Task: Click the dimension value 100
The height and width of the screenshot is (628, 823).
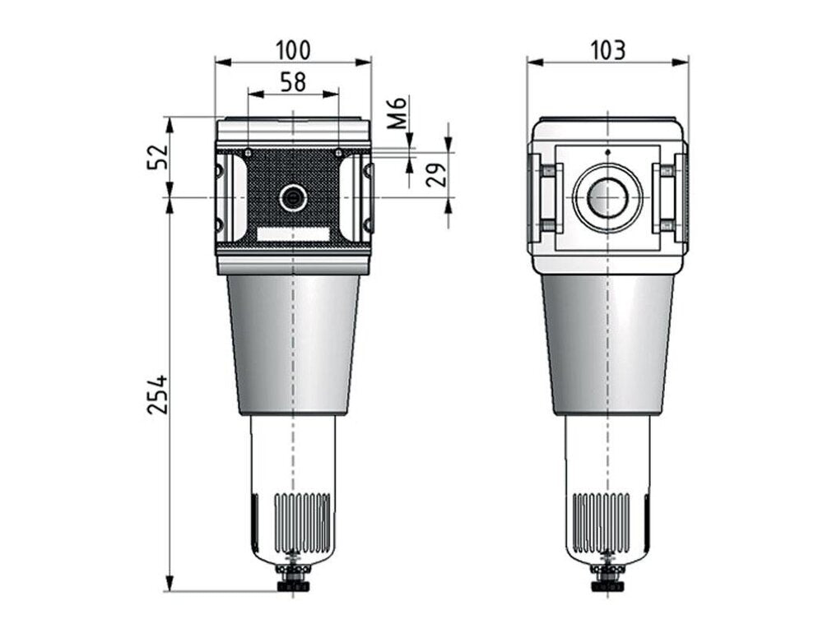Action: [293, 50]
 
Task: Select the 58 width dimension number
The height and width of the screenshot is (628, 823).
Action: [293, 81]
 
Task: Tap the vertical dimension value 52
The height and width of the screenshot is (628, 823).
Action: [157, 157]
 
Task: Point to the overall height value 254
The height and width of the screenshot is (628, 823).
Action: [157, 395]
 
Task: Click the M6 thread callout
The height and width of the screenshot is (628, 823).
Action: [397, 113]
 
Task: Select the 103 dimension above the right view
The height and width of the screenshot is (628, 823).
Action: [607, 50]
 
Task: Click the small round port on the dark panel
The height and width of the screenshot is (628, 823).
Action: [292, 197]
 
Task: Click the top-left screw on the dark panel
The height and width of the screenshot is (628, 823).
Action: [248, 152]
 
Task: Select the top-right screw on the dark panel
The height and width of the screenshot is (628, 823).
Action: [338, 152]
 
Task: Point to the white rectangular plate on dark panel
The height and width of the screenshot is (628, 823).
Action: [293, 234]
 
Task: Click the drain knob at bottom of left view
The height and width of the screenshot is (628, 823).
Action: [293, 584]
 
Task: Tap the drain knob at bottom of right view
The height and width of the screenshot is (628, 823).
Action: [607, 584]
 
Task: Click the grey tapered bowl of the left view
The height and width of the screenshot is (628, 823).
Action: [293, 345]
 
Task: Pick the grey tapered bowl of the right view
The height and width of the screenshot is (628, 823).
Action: [607, 345]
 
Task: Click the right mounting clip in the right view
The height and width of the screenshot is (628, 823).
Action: [667, 197]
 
